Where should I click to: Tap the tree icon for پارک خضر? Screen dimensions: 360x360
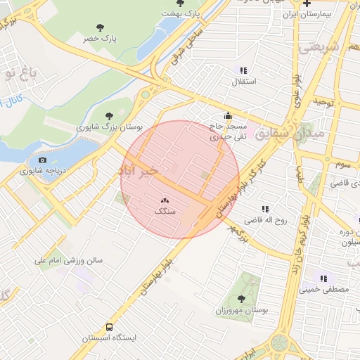(99, 27)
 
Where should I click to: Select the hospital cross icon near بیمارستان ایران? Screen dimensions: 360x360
(307, 3)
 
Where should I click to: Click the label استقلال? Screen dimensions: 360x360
(244, 82)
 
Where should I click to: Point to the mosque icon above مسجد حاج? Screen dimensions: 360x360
(227, 116)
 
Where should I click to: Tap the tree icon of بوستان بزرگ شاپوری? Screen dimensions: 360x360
(108, 116)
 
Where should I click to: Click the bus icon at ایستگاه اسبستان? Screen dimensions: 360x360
(108, 327)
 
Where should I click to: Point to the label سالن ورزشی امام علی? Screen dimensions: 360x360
(69, 260)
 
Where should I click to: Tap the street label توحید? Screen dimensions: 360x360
(322, 102)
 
